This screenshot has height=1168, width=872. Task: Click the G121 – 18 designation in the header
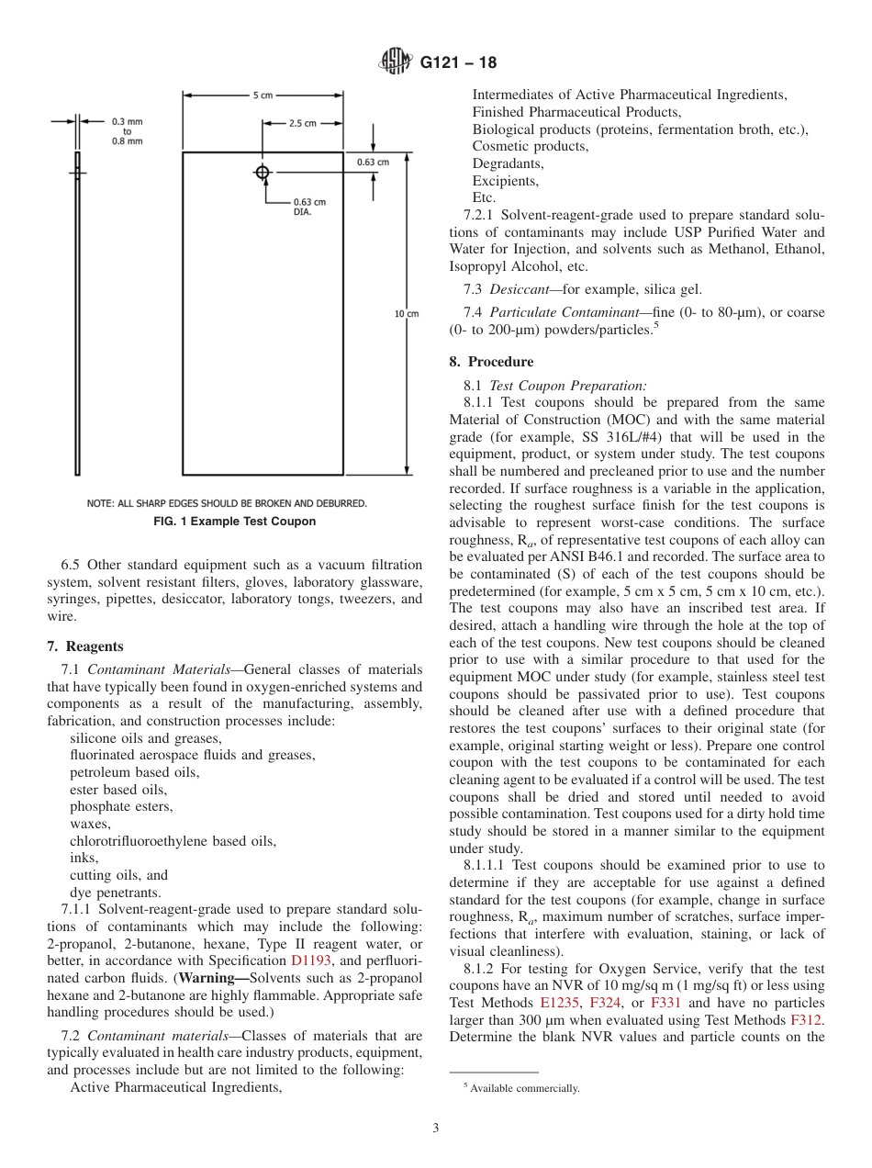[x=458, y=62]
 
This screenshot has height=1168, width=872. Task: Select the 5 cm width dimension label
[x=263, y=95]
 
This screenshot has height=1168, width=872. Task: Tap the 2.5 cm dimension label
[x=303, y=123]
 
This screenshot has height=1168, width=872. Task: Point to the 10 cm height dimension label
[x=406, y=314]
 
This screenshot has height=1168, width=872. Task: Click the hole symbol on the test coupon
[x=263, y=172]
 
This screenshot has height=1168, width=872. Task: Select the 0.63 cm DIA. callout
[x=308, y=207]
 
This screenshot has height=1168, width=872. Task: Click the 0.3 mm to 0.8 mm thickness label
[x=128, y=131]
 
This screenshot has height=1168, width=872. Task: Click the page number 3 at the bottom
[x=435, y=1128]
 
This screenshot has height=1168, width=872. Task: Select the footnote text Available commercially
[x=524, y=1088]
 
